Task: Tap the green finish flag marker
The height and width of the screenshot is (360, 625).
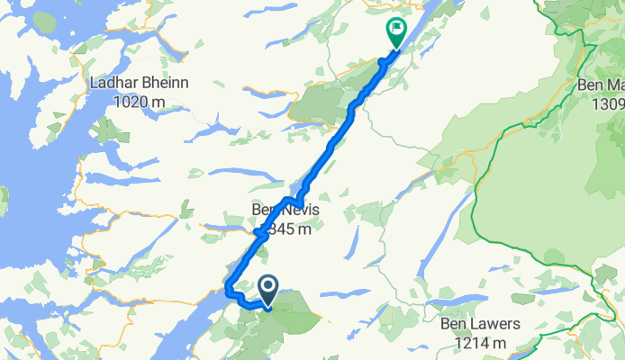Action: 394,31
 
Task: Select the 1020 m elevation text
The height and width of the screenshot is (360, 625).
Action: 139,102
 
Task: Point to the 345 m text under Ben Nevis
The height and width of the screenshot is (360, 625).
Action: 290,229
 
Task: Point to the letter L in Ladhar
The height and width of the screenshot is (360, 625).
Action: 95,84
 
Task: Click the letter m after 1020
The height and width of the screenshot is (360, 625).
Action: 159,102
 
